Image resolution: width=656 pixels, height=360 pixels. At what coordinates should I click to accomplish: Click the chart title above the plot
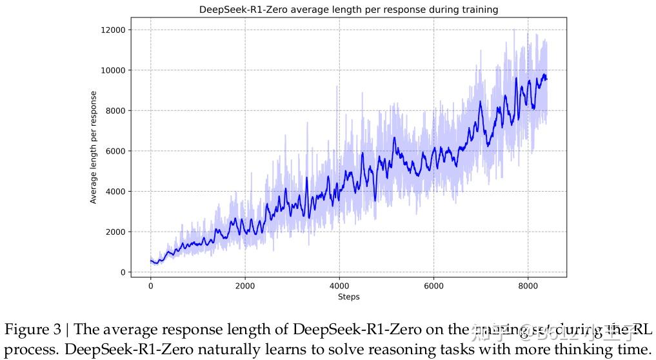click(x=348, y=10)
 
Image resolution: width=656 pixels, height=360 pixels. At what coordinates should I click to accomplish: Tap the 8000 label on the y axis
click(x=115, y=111)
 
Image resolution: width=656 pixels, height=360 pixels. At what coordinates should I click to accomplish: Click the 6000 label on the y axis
click(x=115, y=151)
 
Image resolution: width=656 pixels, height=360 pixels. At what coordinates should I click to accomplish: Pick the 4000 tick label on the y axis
click(x=115, y=192)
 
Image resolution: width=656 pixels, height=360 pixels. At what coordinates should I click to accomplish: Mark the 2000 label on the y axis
click(x=115, y=232)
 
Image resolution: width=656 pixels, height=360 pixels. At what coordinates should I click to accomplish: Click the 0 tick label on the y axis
click(x=123, y=272)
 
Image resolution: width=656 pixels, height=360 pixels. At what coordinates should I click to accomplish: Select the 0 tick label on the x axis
click(x=151, y=286)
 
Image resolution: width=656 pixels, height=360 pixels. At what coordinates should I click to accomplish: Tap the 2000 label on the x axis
click(x=245, y=286)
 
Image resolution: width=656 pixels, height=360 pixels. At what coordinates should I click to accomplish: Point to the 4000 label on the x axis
click(x=339, y=286)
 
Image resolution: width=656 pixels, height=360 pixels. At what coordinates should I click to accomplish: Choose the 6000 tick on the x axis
click(x=433, y=286)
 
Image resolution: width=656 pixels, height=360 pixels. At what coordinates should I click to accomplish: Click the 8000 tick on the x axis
click(x=528, y=286)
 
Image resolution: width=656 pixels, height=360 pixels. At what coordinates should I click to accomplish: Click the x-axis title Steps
click(x=348, y=297)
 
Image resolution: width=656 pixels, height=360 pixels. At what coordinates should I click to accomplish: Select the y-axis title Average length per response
click(x=94, y=147)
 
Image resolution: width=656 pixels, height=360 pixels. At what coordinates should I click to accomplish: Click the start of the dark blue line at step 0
click(x=151, y=261)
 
